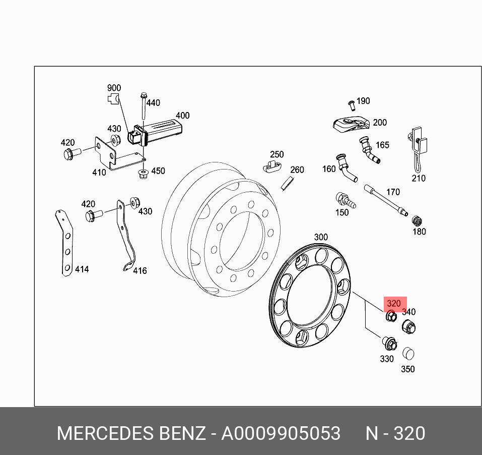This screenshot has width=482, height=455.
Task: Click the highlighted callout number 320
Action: coord(393,304)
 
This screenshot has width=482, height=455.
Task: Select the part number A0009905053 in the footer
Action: coord(281,433)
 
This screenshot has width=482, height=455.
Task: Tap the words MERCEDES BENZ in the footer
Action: coord(131,433)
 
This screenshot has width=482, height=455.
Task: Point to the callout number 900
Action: coord(114,88)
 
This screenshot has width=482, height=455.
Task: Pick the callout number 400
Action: coord(182,116)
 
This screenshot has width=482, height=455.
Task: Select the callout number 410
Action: coord(99,173)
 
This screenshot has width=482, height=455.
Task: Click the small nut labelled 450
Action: coord(142,174)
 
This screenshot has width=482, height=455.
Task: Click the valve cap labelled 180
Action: coord(417,221)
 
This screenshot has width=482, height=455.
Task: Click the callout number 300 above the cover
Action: coord(321,237)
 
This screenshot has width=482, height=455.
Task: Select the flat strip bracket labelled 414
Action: coord(64,245)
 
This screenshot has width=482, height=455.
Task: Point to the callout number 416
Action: coord(140,271)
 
